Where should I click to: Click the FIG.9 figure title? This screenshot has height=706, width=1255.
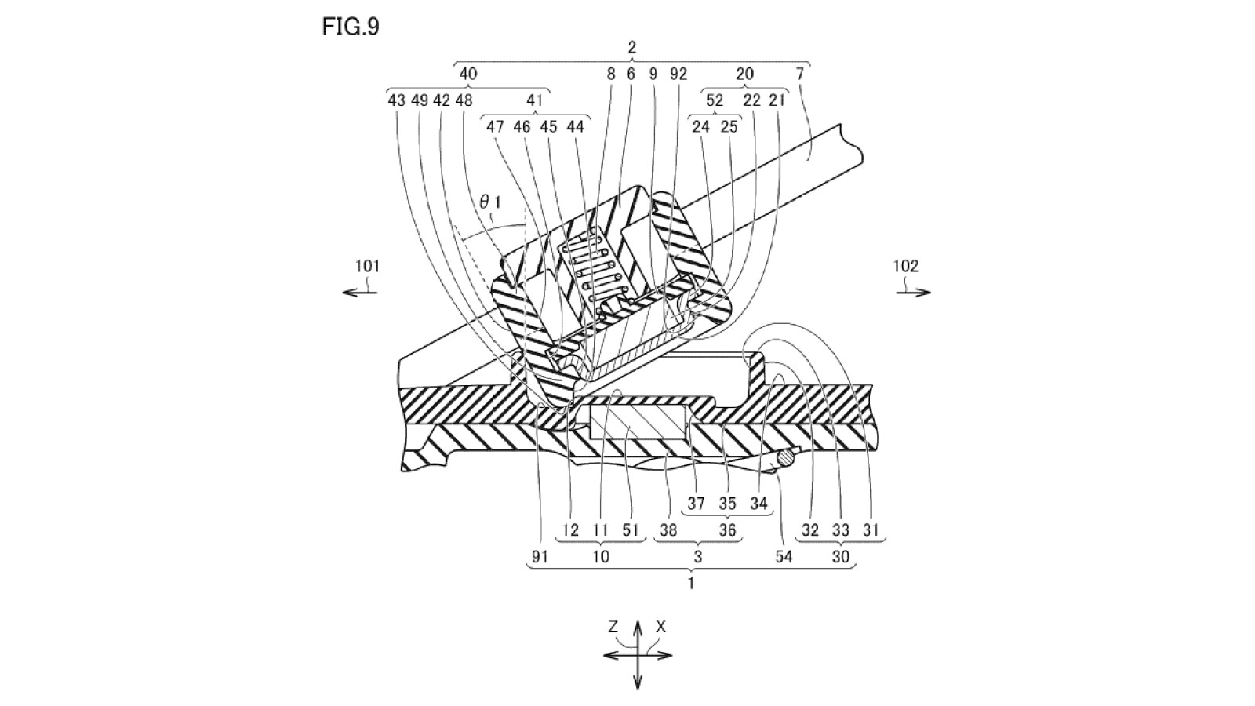tap(351, 27)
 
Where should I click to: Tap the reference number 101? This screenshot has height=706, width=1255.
tap(367, 266)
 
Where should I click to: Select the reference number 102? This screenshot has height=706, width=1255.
tap(905, 266)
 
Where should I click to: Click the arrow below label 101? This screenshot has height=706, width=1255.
tap(360, 293)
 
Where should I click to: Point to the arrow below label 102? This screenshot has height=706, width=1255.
tap(914, 293)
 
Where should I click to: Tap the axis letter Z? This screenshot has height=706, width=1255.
tap(613, 626)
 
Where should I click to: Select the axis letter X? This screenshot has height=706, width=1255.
tap(661, 626)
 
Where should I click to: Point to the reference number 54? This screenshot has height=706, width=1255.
tap(784, 556)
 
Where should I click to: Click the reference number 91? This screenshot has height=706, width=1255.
tap(539, 556)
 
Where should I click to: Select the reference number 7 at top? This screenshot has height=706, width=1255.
tap(800, 74)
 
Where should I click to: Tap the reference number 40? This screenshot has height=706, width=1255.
tap(467, 74)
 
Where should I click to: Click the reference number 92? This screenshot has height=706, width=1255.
tap(678, 74)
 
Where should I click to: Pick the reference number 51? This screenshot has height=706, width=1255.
tap(631, 529)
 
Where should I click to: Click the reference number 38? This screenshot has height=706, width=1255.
tap(668, 529)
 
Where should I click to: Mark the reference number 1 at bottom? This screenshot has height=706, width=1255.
tap(690, 583)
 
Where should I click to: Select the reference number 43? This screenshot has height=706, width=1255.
tap(396, 100)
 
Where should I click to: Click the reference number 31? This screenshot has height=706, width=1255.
tap(871, 529)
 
